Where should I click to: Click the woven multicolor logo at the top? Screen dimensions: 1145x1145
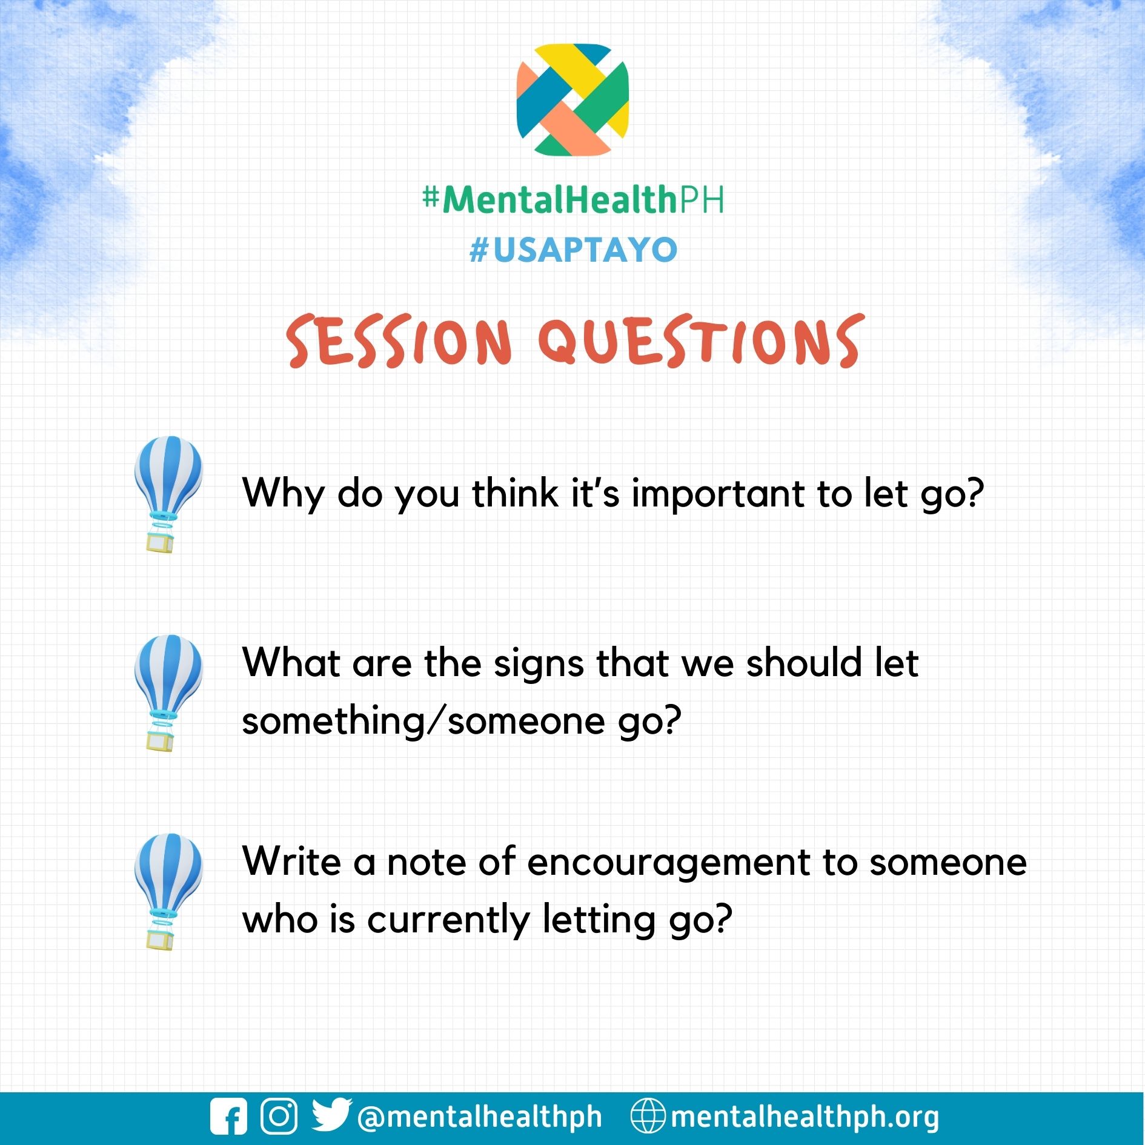pyautogui.click(x=572, y=99)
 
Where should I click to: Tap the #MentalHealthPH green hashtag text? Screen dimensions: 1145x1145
pyautogui.click(x=572, y=199)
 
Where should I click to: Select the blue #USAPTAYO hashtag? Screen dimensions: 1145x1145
pyautogui.click(x=573, y=250)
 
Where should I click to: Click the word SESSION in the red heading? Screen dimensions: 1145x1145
pyautogui.click(x=399, y=341)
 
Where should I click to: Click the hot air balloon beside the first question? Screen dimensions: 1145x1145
pyautogui.click(x=168, y=493)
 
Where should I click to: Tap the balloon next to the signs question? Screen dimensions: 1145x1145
pyautogui.click(x=168, y=692)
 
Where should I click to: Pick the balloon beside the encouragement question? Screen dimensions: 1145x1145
pyautogui.click(x=168, y=891)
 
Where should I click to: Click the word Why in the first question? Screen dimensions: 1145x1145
pyautogui.click(x=283, y=494)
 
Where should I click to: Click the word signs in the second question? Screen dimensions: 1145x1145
pyautogui.click(x=539, y=664)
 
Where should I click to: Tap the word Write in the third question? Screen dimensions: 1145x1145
pyautogui.click(x=291, y=861)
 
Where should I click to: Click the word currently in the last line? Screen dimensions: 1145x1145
pyautogui.click(x=448, y=920)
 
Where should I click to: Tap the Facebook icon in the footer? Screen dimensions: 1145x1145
pyautogui.click(x=228, y=1116)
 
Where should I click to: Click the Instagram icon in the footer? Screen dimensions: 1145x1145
pyautogui.click(x=279, y=1116)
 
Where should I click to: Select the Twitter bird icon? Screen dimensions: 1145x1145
pyautogui.click(x=331, y=1115)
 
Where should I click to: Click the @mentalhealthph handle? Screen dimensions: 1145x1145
pyautogui.click(x=480, y=1117)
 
